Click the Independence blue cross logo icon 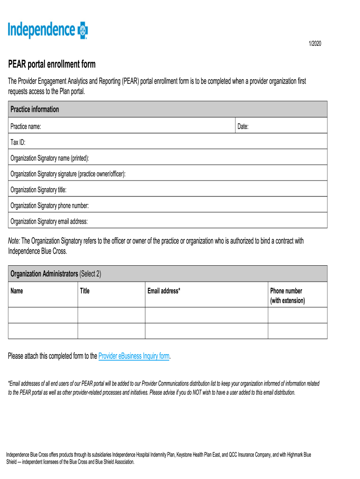tap(83, 30)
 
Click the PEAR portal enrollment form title tap(51, 64)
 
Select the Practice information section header tap(35, 109)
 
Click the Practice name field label tap(26, 126)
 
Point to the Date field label tap(243, 126)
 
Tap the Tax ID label tap(18, 142)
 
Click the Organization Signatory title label tap(38, 189)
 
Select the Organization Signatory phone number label tap(50, 205)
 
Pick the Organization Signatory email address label tap(49, 221)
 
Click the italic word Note tap(14, 241)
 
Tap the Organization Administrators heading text tap(44, 274)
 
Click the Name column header tap(17, 291)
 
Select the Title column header tap(85, 291)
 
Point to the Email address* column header tap(164, 291)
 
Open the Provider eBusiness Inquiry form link tap(134, 356)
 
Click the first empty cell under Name tap(43, 315)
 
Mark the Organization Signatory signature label tap(68, 174)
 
